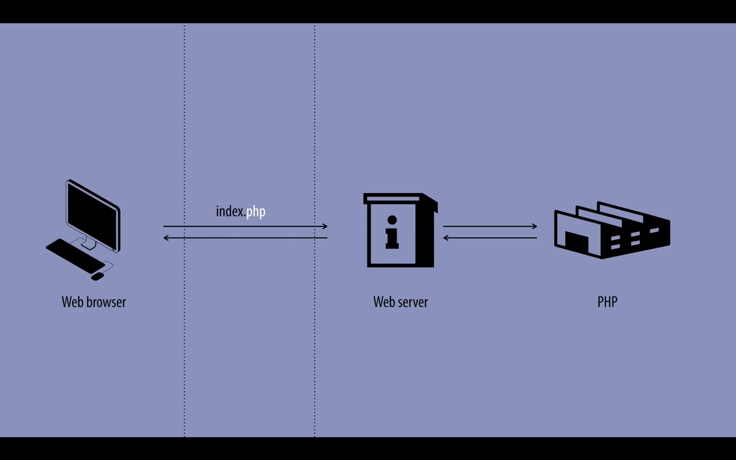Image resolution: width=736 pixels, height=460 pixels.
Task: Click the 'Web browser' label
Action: pos(94,302)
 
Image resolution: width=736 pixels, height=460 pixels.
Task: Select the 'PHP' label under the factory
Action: pos(607,302)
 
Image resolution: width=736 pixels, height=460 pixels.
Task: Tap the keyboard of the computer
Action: pos(75,256)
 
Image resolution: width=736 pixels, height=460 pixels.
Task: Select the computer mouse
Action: pos(97,276)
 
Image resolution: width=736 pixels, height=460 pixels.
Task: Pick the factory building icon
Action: pos(612,231)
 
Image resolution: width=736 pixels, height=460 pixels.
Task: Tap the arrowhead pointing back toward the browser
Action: pos(166,238)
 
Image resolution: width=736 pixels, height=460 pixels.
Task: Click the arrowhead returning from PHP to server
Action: pos(446,238)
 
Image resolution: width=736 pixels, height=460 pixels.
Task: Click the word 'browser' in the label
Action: pos(106,302)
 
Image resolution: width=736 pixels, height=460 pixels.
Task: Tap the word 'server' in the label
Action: pos(413,302)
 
